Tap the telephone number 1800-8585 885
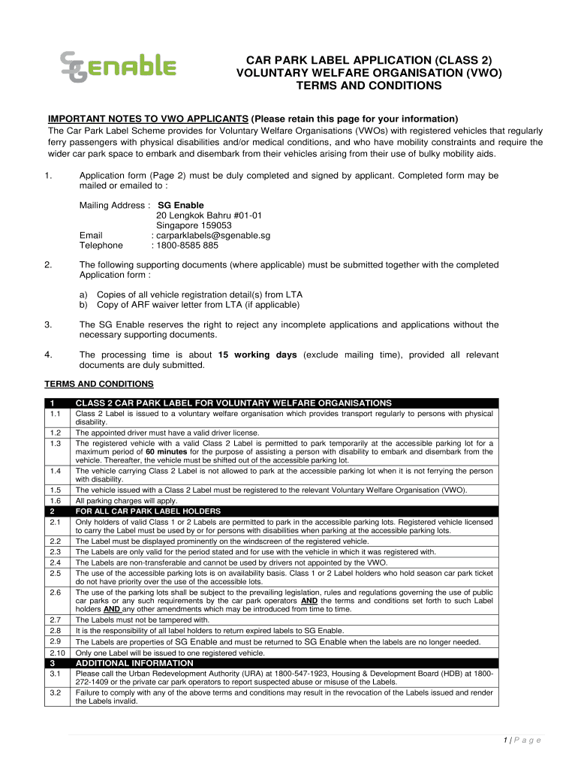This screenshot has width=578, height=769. tap(186, 245)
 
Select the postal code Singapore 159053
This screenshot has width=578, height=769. tap(194, 225)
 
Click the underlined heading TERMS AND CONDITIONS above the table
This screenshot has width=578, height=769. tap(99, 384)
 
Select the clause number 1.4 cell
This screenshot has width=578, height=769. tap(56, 471)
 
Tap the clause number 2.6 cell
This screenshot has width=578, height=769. tap(56, 593)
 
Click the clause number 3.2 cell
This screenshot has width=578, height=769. tap(56, 692)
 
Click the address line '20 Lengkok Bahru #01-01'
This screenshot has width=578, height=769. tap(209, 216)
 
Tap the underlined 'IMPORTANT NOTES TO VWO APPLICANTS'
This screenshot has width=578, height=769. tap(148, 119)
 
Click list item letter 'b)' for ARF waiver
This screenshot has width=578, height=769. tap(84, 305)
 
